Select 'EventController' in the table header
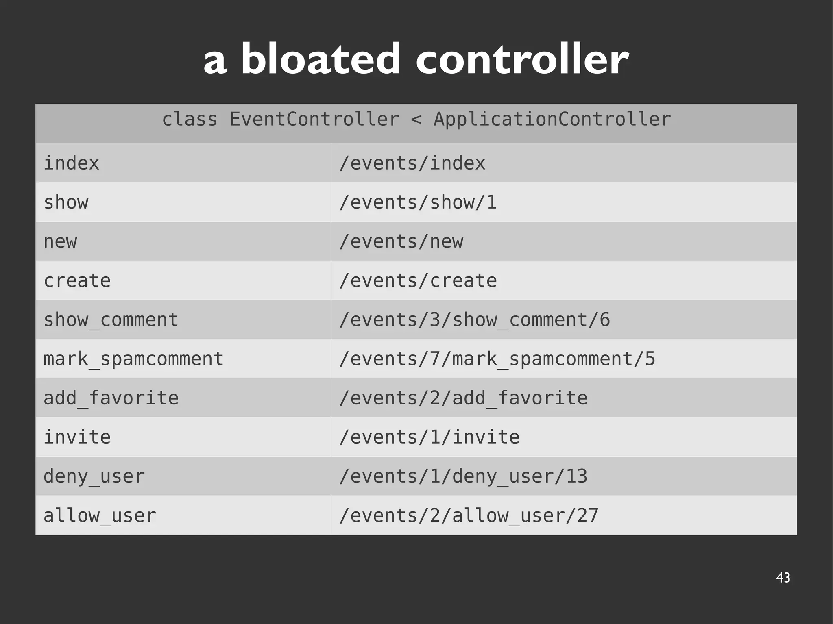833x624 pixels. pos(314,120)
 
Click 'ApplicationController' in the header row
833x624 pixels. pos(552,120)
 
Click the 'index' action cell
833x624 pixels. pos(71,163)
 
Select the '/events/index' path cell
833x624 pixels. pos(412,163)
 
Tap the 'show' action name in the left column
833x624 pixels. pos(66,202)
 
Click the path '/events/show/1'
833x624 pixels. pos(418,202)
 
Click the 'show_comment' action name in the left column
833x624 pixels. pos(111,320)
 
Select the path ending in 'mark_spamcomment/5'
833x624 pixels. pos(497,359)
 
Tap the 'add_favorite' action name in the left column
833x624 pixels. pos(111,398)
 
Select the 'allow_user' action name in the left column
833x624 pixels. pos(100,515)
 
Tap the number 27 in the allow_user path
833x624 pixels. pos(588,515)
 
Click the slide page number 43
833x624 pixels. pos(783,578)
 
